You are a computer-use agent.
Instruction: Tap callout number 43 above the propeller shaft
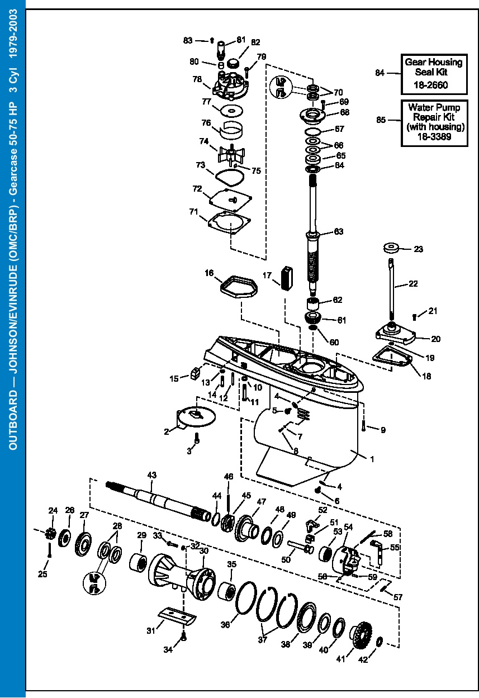pos(151,474)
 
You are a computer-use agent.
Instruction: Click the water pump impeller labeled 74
pos(233,153)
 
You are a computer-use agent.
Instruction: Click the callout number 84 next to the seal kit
pos(380,73)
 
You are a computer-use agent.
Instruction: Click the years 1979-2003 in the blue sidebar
pos(13,35)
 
